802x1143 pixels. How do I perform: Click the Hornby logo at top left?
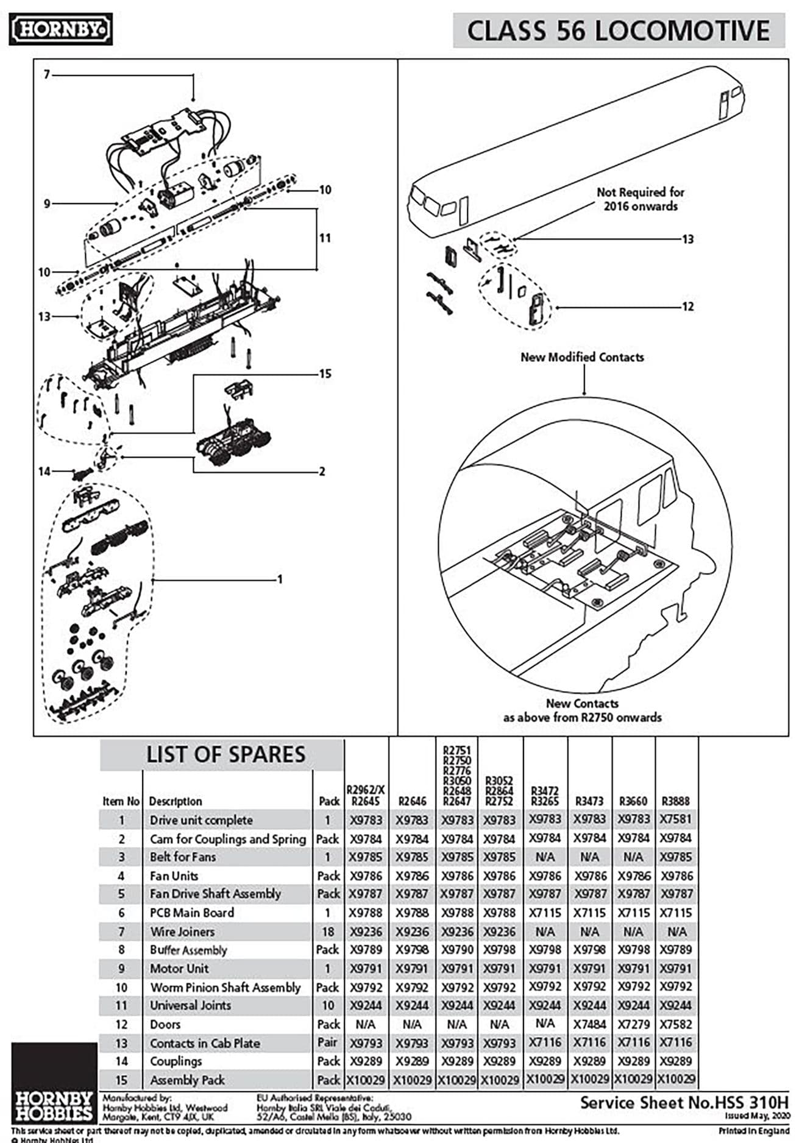pyautogui.click(x=60, y=29)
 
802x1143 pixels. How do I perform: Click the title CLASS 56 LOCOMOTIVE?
pyautogui.click(x=618, y=30)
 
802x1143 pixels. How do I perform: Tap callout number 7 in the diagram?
pyautogui.click(x=47, y=74)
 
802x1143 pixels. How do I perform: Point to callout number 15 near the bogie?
pyautogui.click(x=325, y=373)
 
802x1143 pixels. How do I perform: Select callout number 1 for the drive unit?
pyautogui.click(x=280, y=579)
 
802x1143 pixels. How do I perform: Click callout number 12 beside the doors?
pyautogui.click(x=687, y=306)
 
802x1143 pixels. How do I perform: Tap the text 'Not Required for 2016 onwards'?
pyautogui.click(x=640, y=199)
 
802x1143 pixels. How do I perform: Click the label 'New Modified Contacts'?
pyautogui.click(x=581, y=357)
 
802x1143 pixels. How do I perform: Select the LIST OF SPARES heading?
pyautogui.click(x=225, y=754)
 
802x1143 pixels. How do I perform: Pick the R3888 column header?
pyautogui.click(x=676, y=801)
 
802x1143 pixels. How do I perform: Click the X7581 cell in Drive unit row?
pyautogui.click(x=676, y=819)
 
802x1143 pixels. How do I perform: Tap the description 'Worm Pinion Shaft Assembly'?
pyautogui.click(x=225, y=987)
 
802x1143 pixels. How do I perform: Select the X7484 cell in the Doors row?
pyautogui.click(x=589, y=1024)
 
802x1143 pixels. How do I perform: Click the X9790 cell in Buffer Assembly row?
pyautogui.click(x=456, y=950)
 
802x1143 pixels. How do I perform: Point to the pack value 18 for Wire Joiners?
pyautogui.click(x=328, y=932)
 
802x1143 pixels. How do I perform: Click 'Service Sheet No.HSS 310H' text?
pyautogui.click(x=684, y=1102)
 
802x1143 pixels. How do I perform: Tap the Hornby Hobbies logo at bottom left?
pyautogui.click(x=54, y=1105)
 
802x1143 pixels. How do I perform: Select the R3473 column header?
pyautogui.click(x=589, y=801)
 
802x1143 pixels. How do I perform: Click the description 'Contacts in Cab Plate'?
pyautogui.click(x=205, y=1043)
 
